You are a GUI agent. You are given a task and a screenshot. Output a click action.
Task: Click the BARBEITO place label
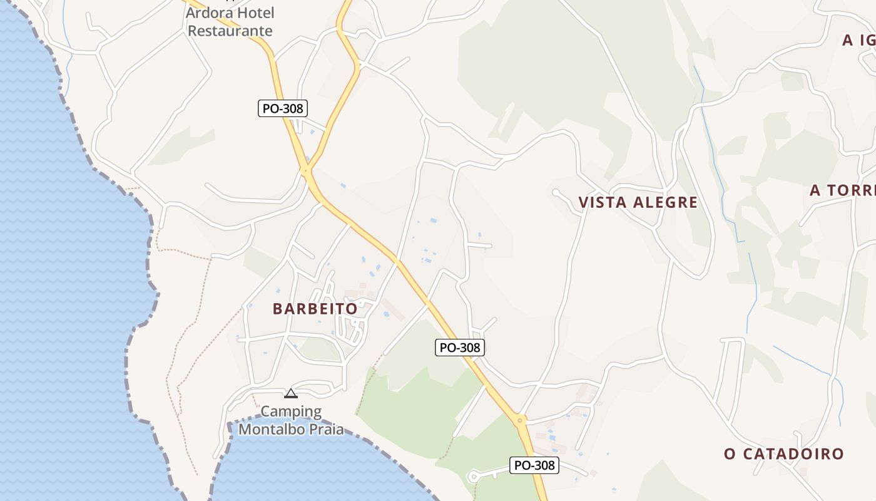click(315, 309)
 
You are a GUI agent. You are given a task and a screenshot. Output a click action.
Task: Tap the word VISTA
click(602, 202)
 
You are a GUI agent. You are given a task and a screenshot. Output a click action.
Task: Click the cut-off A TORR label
click(842, 190)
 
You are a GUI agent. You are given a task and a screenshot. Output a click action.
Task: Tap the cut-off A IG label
click(858, 40)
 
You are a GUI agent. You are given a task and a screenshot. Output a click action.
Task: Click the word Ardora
click(210, 13)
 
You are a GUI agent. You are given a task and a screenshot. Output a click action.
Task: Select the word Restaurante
click(230, 31)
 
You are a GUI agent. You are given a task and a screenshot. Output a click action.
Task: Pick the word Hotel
click(255, 13)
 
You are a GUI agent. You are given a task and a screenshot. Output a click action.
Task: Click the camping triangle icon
click(290, 393)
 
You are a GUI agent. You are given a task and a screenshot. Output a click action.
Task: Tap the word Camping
click(291, 411)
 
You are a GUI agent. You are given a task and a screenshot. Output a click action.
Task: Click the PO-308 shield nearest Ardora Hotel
click(283, 108)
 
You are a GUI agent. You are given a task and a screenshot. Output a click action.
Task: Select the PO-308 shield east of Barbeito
click(460, 348)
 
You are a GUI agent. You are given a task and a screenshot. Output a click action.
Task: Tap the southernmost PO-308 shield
click(534, 465)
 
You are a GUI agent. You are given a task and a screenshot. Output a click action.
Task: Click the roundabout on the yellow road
click(519, 420)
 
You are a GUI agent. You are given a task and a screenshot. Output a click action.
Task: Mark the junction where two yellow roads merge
click(306, 170)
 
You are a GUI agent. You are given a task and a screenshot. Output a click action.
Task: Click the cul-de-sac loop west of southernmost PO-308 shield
click(473, 477)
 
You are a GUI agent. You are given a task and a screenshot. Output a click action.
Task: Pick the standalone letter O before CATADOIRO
click(730, 453)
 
